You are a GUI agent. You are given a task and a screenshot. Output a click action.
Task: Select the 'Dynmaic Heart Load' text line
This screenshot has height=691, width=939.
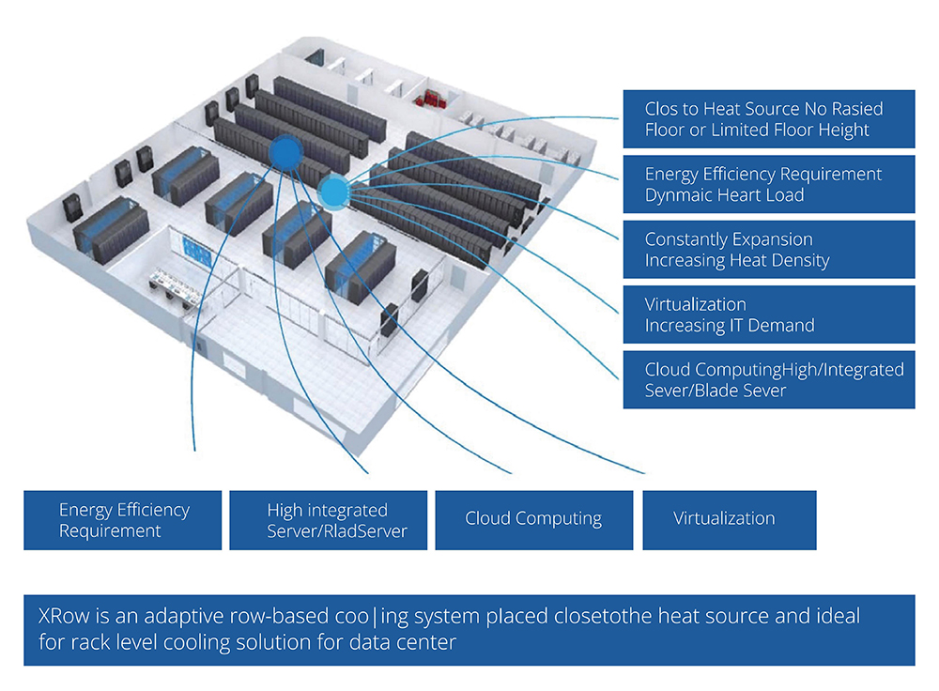point(724,195)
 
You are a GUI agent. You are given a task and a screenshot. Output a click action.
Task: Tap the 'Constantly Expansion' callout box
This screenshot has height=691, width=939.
point(768,249)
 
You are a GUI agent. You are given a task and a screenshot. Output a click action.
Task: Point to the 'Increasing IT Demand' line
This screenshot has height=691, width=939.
point(729,326)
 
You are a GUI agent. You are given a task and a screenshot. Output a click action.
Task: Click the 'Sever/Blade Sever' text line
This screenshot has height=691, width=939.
point(715,391)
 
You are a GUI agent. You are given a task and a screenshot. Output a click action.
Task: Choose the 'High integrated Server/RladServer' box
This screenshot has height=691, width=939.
point(328,520)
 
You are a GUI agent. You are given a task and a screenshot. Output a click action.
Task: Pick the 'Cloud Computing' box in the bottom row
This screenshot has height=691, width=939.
point(533,519)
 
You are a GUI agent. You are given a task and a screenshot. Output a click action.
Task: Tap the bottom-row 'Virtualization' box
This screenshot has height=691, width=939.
point(729,519)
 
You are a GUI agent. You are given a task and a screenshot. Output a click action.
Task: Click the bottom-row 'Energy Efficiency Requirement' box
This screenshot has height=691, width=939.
point(123,520)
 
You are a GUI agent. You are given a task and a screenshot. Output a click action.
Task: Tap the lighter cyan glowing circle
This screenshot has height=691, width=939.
point(332,192)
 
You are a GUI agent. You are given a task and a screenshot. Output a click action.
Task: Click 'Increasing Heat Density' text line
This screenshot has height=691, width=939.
point(737,260)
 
